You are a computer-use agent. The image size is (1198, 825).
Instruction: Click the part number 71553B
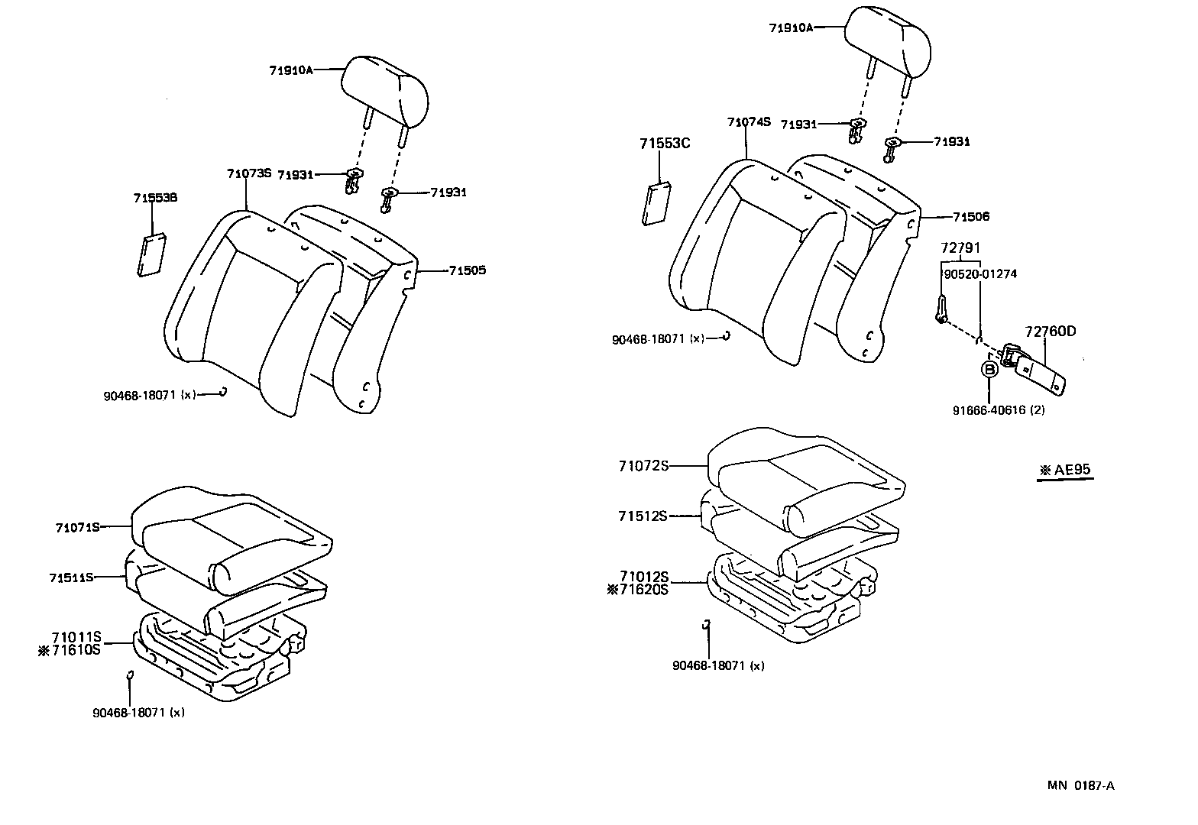point(155,198)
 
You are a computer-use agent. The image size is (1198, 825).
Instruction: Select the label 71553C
point(665,143)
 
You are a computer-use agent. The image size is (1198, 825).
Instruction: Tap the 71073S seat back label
point(249,173)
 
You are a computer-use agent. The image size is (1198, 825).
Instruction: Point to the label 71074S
point(749,121)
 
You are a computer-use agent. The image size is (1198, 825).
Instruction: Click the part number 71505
point(467,270)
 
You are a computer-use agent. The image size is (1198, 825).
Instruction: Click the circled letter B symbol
point(989,370)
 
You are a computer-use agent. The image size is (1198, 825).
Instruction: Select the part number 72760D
point(1050,331)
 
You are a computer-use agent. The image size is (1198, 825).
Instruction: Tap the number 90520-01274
point(979,274)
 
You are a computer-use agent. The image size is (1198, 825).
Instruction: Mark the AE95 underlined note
point(1066,470)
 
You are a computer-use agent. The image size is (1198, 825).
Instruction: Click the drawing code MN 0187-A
point(1080,786)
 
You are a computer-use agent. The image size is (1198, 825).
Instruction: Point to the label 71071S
point(78,527)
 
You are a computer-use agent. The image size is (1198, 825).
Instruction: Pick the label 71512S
point(643,516)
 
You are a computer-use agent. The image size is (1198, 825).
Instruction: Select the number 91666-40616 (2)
point(998,410)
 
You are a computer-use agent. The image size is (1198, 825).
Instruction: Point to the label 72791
point(960,248)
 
